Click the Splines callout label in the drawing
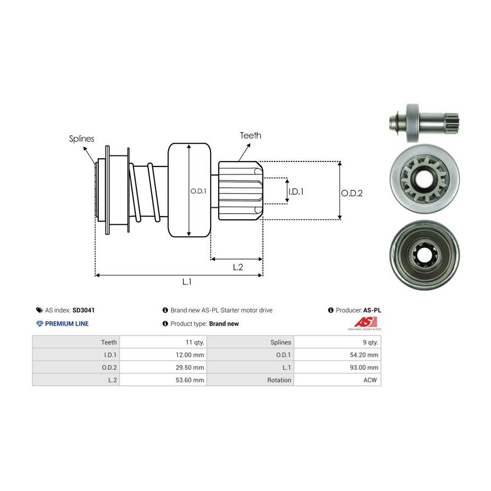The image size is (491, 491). point(82,139)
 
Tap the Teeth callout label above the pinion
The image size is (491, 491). point(250,135)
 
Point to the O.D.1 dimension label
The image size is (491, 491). point(197,191)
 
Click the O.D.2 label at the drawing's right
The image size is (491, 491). point(352,193)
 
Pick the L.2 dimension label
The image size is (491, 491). point(238,267)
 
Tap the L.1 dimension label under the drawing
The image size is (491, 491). point(187,282)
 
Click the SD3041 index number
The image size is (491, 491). point(83,310)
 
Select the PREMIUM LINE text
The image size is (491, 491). point(67,324)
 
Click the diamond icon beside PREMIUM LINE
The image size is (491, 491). point(39,324)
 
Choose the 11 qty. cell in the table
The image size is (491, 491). point(193,342)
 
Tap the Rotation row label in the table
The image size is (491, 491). point(279,380)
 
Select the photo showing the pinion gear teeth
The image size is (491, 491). point(424,179)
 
